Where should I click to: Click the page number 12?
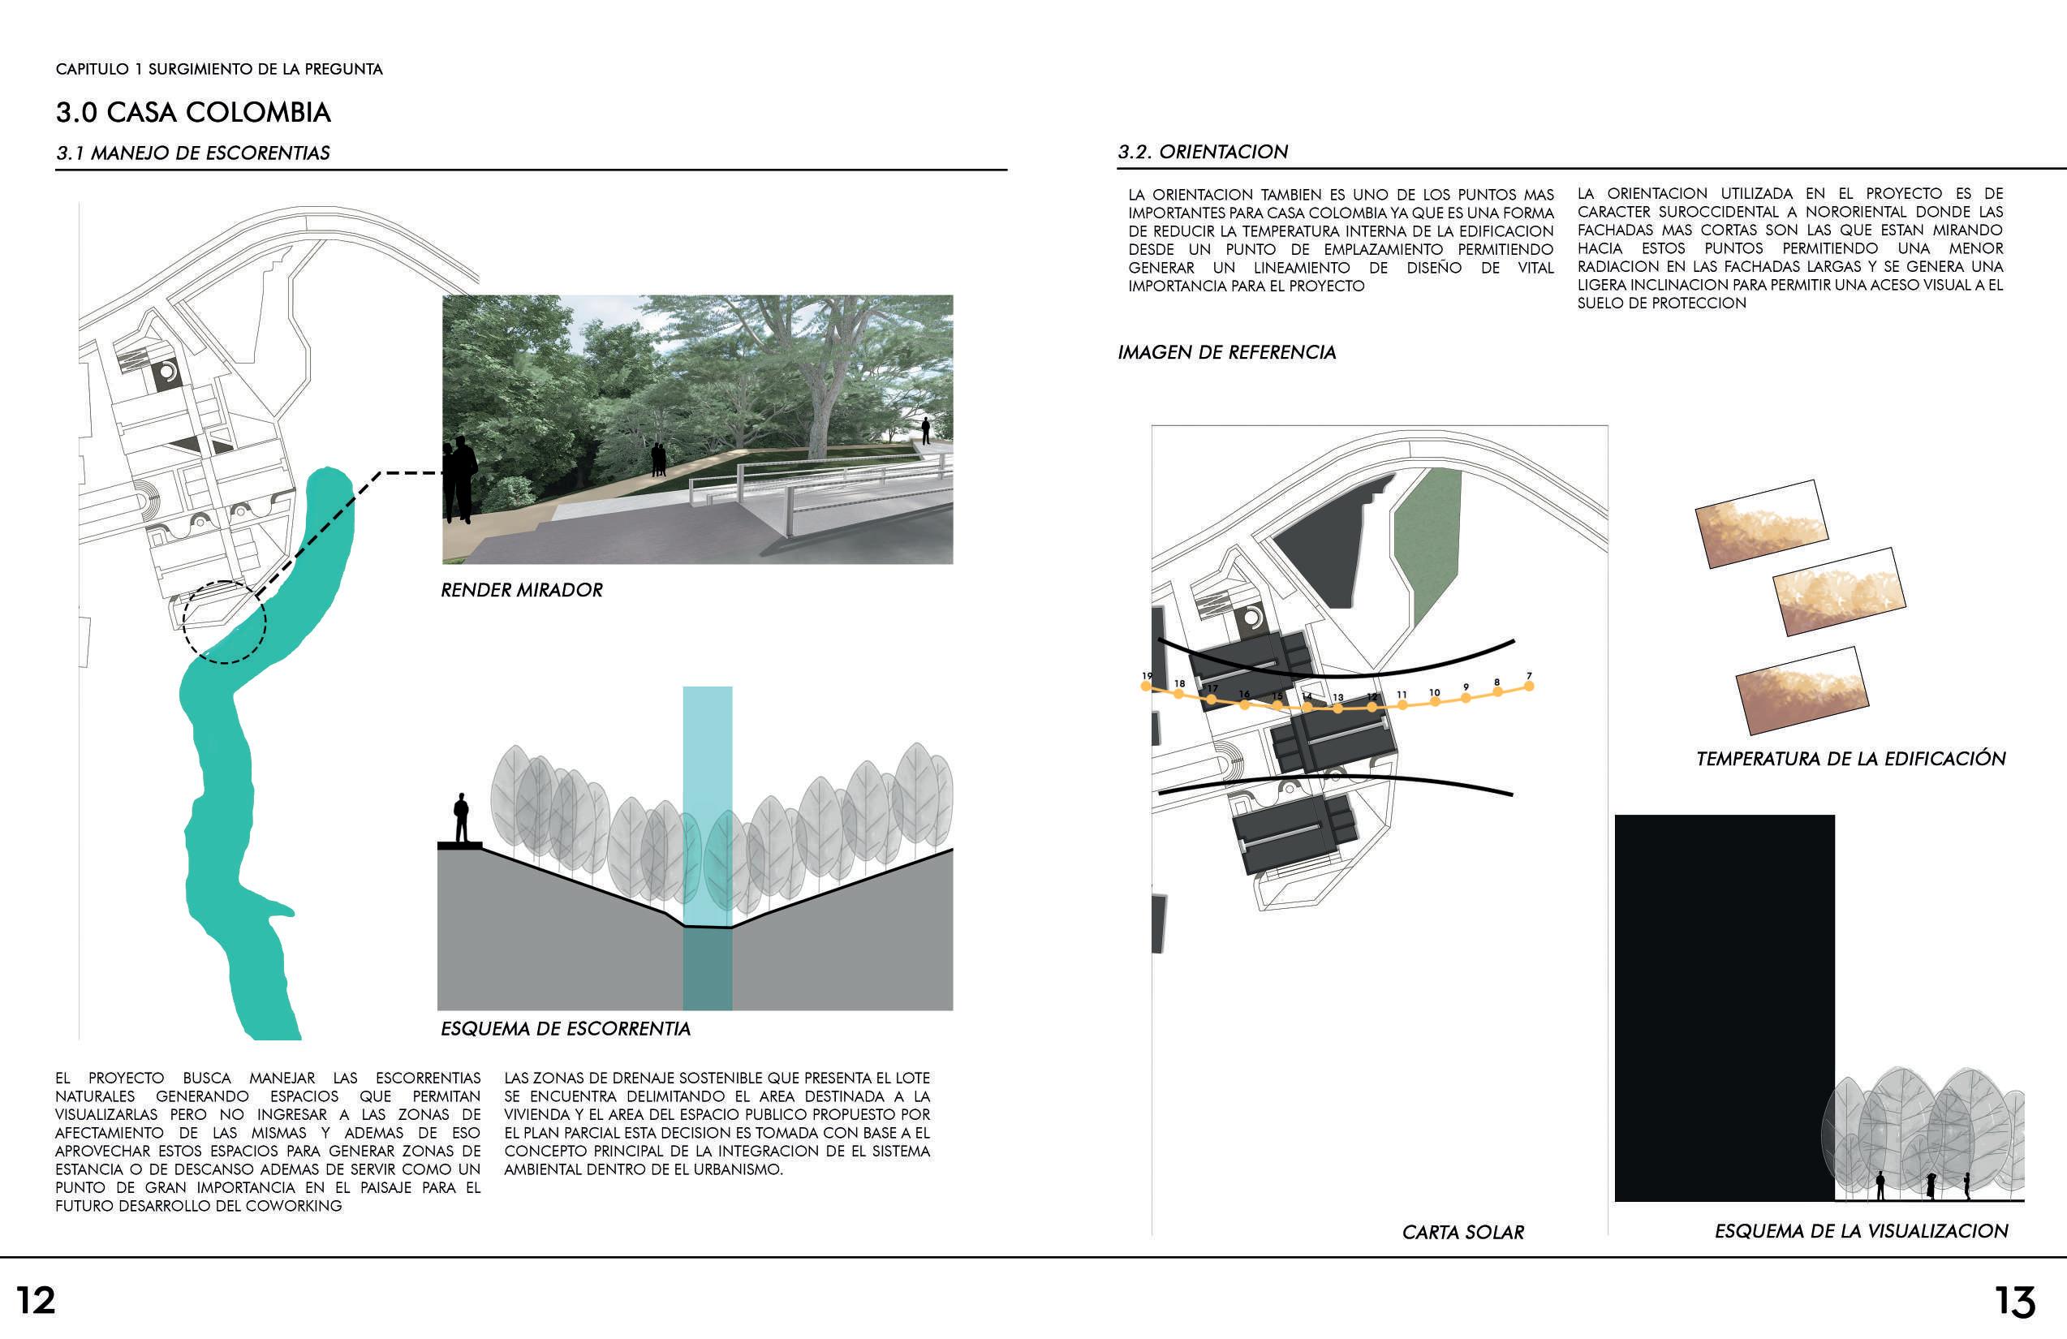[x=36, y=1300]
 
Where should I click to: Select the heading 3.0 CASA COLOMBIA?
[x=193, y=112]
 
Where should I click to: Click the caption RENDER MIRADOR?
[x=521, y=591]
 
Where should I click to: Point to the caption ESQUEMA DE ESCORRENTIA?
[x=566, y=1029]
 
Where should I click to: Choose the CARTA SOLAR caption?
[x=1462, y=1232]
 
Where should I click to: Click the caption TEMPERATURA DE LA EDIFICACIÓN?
[x=1850, y=759]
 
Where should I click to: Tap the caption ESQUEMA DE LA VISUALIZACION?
[x=1860, y=1231]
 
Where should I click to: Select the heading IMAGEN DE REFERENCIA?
[x=1226, y=352]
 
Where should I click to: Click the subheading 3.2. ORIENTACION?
[x=1203, y=152]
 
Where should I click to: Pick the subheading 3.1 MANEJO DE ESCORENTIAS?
[x=193, y=153]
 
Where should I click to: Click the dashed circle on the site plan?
[x=224, y=622]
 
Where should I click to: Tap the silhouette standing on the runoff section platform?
[x=461, y=817]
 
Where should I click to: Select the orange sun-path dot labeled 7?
[x=1528, y=686]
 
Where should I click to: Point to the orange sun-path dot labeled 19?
[x=1147, y=687]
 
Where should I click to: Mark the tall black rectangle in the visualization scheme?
[x=1724, y=1007]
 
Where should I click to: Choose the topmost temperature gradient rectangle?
[x=1761, y=523]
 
